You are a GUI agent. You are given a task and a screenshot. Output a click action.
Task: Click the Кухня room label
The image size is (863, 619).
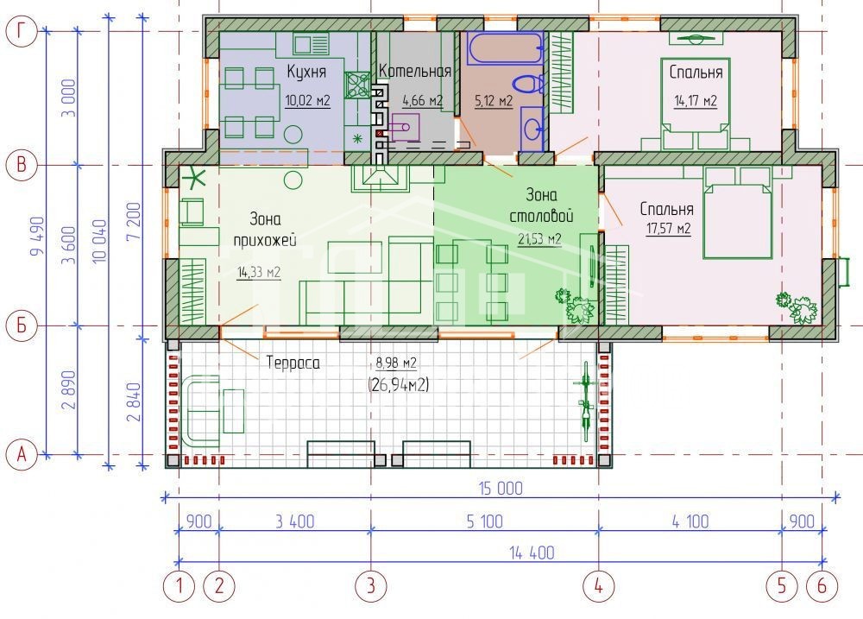306,71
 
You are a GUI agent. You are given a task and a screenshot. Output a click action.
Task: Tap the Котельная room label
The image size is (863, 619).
415,71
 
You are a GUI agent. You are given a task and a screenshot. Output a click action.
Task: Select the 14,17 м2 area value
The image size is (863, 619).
696,101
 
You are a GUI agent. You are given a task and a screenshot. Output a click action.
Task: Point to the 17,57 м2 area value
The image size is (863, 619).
668,227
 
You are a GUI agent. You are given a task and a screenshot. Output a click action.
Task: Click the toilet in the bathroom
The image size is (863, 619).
528,85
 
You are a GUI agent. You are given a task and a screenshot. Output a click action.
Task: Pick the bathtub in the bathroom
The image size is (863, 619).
505,48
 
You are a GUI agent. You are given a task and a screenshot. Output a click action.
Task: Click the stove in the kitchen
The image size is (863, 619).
357,85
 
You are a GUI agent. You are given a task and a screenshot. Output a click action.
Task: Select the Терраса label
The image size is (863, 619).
293,363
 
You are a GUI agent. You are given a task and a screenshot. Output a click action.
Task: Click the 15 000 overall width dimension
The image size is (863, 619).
501,489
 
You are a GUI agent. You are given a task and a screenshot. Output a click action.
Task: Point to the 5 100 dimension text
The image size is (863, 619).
484,521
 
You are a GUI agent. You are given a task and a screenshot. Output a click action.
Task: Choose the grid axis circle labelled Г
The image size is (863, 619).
21,31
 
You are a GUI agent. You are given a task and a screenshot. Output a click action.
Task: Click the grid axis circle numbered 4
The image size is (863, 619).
598,586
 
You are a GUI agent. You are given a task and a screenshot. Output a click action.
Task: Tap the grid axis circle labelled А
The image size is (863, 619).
21,455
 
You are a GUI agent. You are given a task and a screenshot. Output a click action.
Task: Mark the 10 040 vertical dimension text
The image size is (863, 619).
99,241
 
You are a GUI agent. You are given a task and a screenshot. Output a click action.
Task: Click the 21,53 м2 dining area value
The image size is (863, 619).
539,238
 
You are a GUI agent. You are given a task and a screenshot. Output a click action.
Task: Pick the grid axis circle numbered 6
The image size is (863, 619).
822,586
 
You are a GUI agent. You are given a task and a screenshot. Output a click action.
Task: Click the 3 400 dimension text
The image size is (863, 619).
295,521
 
